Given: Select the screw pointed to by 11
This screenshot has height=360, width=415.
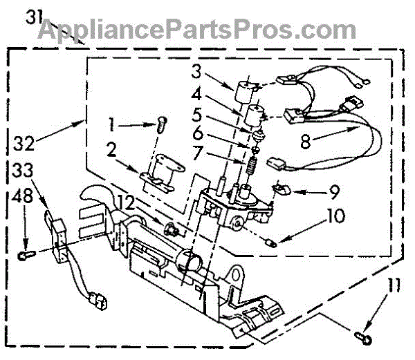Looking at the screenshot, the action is tap(362, 337).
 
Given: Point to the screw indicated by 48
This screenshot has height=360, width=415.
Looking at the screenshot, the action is tap(25, 256).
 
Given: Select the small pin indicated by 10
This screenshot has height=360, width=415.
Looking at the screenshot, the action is tap(272, 242).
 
